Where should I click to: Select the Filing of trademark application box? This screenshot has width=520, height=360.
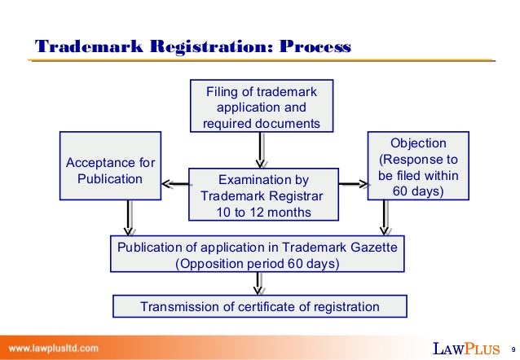pos(261,107)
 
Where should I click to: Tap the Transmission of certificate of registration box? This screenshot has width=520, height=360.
pos(259,306)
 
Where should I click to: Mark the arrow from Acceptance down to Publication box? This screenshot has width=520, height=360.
pos(129,219)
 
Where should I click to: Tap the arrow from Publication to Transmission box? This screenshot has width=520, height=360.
pos(259,283)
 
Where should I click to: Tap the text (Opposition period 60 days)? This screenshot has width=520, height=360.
pos(258,264)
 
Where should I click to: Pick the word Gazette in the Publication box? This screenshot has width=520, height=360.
pos(369,247)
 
